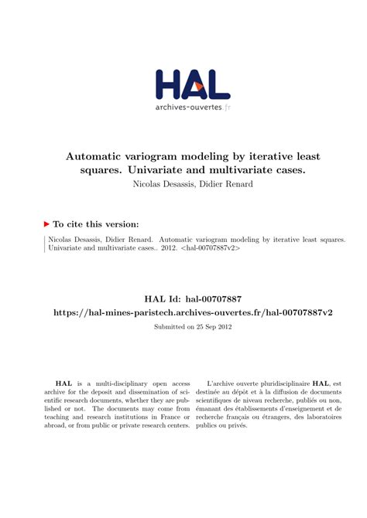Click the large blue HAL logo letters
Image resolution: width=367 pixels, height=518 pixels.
(193, 83)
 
